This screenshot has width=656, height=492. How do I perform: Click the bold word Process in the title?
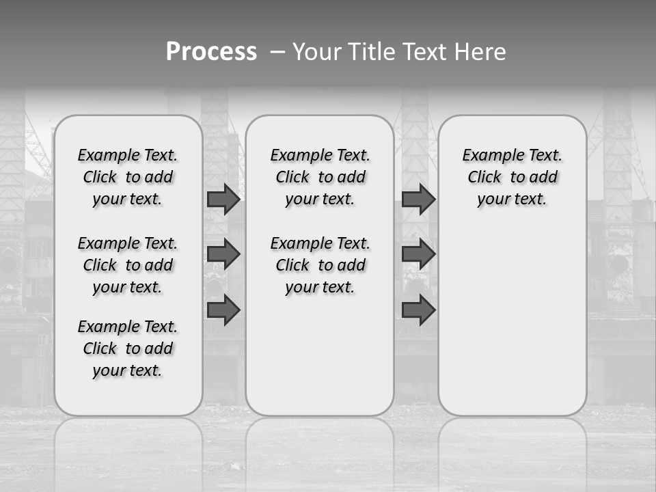pos(211,52)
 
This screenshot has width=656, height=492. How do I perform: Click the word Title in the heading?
pos(370,52)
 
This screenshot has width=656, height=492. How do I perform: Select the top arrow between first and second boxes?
pos(223,200)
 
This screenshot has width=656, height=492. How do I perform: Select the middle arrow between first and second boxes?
pos(223,254)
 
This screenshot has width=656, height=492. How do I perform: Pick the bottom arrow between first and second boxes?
pos(223,310)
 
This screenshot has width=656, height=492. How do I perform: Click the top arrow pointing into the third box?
pos(418,200)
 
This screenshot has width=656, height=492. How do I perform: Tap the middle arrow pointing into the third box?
pos(418,254)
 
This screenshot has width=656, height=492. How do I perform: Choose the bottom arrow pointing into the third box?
pos(418,310)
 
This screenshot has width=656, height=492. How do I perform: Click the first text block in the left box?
pos(128,177)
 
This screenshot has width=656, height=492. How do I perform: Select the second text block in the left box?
pos(128,265)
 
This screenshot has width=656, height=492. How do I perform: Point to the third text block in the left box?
pos(128,348)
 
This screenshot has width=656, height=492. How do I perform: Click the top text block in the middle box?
pos(320,177)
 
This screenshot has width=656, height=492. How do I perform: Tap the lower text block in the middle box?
pos(320,265)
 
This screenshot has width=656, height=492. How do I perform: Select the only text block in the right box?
pos(512,177)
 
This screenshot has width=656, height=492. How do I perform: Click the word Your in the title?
pos(317,52)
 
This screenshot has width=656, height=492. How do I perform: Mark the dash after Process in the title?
pos(278,52)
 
